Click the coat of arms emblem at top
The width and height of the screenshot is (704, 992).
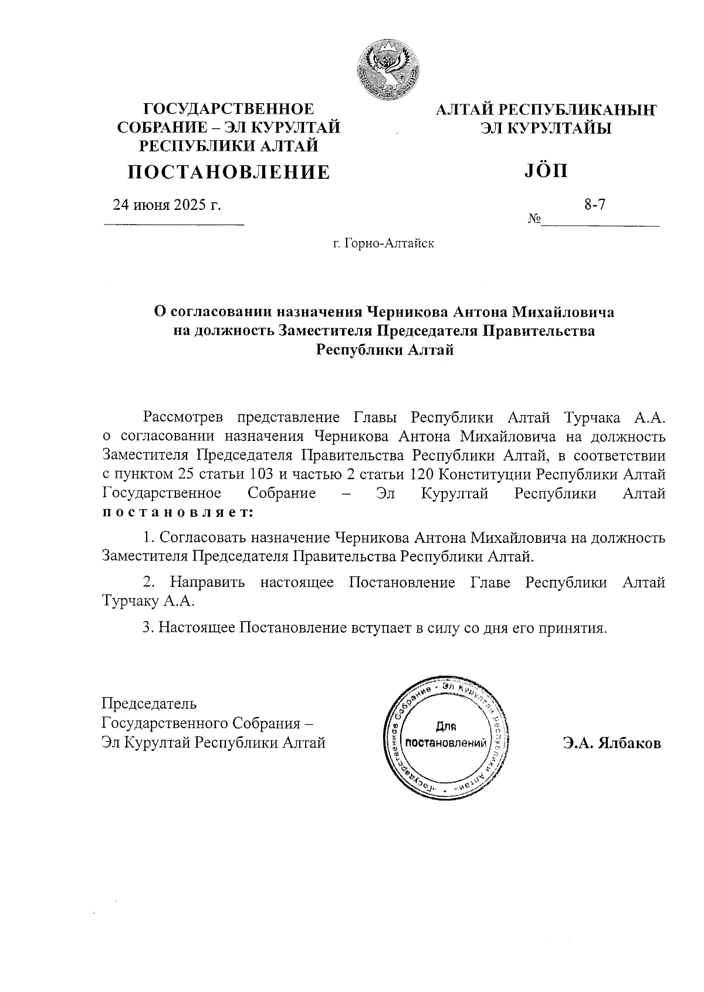pos(386,69)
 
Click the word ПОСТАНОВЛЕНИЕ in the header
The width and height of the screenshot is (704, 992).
pos(229,172)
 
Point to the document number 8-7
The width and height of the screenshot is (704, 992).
pos(594,205)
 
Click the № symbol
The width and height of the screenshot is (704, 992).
pos(534,219)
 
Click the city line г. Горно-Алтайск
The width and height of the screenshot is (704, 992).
pos(383,243)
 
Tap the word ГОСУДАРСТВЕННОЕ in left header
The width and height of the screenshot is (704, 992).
pos(229,109)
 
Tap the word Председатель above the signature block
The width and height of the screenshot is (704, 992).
pos(150,703)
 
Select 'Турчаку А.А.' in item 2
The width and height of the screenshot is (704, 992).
pos(148,602)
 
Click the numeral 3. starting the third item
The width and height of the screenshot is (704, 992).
pos(148,628)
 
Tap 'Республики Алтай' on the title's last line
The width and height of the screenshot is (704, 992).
pos(385,350)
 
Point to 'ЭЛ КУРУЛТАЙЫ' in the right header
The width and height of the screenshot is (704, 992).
pos(546,127)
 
